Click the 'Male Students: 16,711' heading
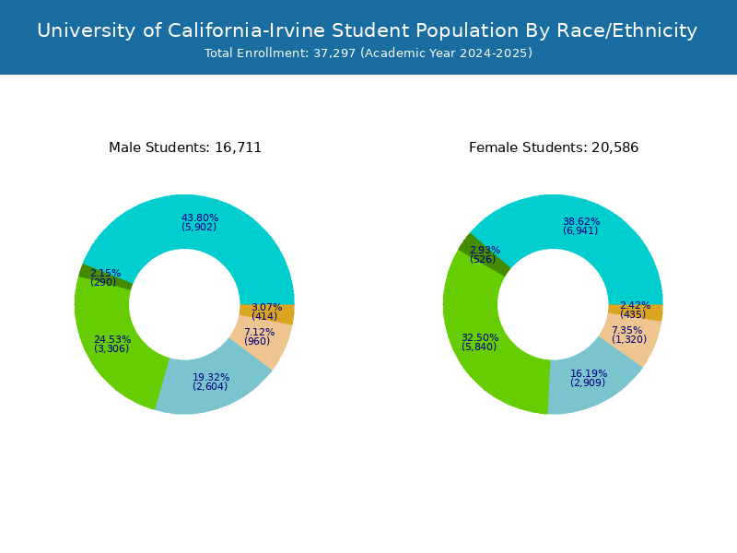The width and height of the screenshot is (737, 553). tap(185, 147)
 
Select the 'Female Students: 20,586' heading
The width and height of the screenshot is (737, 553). tap(554, 147)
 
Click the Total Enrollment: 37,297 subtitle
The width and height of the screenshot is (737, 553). tap(368, 53)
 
